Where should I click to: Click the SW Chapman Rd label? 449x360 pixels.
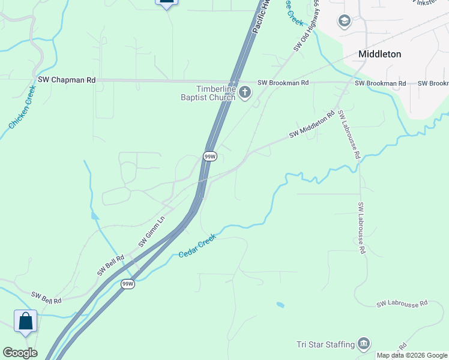pos(67,79)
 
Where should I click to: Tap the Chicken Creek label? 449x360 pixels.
pos(23,107)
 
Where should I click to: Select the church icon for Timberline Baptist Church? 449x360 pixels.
pos(245,92)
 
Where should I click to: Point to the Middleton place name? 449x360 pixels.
pos(379,54)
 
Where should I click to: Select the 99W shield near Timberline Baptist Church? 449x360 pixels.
pos(209,157)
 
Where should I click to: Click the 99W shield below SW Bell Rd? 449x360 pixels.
pos(127,284)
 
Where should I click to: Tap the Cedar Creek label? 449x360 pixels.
pos(197,246)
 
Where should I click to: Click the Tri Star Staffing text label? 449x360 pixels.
pos(325,344)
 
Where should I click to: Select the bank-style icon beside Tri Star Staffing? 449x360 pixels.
pos(364,344)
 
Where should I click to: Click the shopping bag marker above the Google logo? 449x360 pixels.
pos(26,321)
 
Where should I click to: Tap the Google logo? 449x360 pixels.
pos(20,353)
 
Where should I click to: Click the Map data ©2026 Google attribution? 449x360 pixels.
pos(412,355)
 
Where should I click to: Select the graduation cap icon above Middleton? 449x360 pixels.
pos(345,22)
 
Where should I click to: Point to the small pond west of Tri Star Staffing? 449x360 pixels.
pos(280,305)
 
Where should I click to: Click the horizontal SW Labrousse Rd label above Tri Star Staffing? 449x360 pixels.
pos(402,304)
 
